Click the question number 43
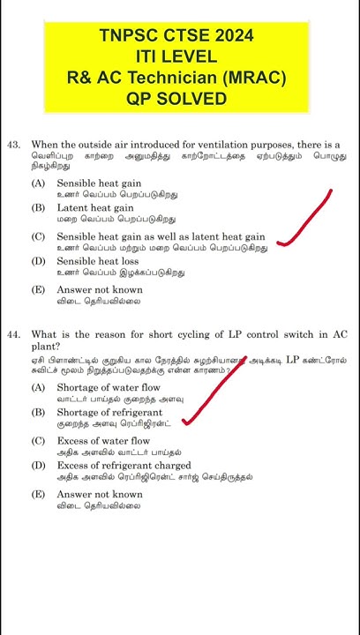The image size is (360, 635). [13, 144]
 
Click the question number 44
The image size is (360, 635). [13, 335]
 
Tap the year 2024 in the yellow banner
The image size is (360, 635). [231, 36]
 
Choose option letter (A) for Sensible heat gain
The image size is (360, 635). [38, 183]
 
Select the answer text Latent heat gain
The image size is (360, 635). [95, 208]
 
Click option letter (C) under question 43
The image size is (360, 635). [38, 237]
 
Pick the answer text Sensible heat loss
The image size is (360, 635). [98, 262]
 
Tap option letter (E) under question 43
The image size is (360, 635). [38, 290]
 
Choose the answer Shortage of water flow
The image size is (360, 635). [109, 388]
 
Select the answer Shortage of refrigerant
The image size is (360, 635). [109, 413]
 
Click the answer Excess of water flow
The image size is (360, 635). [103, 441]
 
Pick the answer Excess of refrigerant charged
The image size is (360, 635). [124, 466]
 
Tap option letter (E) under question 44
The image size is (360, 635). [38, 495]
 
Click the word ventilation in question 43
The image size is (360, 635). [253, 144]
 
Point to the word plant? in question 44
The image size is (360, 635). [46, 347]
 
